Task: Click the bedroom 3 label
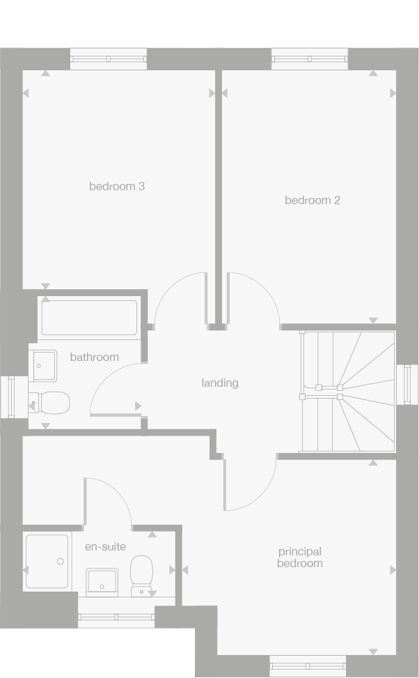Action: [117, 186]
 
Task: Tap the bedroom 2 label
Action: [313, 200]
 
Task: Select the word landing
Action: [220, 383]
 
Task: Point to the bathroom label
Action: [94, 357]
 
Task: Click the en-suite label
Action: [105, 546]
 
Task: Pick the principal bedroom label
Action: [300, 557]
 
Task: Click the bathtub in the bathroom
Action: [89, 318]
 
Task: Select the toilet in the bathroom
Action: [49, 403]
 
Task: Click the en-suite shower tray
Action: [47, 562]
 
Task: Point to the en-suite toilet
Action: [142, 575]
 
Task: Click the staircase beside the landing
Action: [347, 392]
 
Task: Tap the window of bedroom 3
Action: [109, 59]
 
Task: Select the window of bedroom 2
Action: [310, 59]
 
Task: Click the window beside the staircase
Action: [406, 384]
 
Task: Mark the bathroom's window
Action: [10, 397]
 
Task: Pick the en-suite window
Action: [116, 616]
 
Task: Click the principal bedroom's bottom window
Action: [308, 665]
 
